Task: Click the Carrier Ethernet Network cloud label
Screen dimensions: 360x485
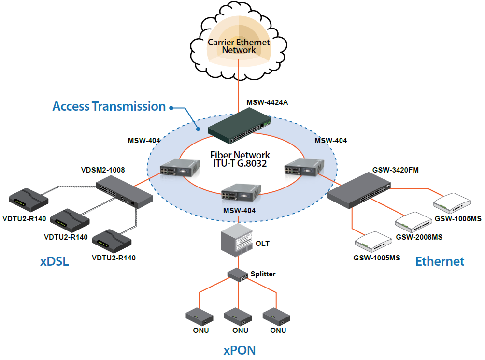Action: click(239, 46)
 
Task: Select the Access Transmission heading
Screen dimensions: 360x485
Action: click(109, 106)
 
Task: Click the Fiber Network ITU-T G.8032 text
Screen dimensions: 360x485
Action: click(240, 159)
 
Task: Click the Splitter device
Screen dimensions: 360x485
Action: click(239, 274)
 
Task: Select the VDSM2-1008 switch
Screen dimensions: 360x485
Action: click(124, 191)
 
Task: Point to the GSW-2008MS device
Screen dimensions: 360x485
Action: click(414, 222)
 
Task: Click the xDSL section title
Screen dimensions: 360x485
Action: click(54, 262)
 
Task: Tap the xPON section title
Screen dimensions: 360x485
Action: click(239, 350)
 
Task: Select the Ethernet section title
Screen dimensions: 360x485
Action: click(440, 261)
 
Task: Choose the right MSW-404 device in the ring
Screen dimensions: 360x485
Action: click(300, 167)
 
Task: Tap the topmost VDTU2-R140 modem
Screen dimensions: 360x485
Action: click(28, 199)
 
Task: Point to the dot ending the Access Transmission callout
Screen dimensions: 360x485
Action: click(172, 107)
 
